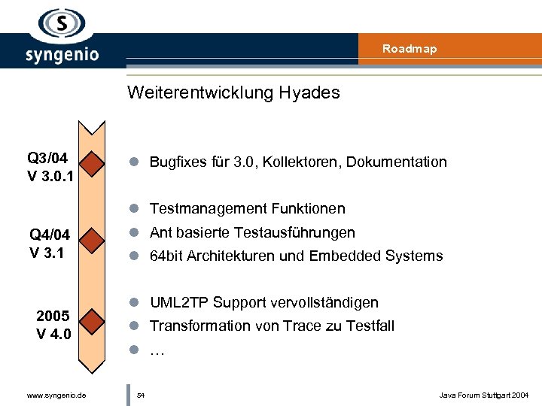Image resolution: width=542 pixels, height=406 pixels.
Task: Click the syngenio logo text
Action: pyautogui.click(x=62, y=55)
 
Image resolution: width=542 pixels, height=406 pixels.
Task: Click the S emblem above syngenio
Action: pyautogui.click(x=62, y=23)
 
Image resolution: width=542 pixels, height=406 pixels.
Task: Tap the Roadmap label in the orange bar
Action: pyautogui.click(x=409, y=49)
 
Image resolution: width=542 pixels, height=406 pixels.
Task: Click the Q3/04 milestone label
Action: pyautogui.click(x=47, y=158)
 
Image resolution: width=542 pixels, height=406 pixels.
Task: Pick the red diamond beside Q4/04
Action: pyautogui.click(x=93, y=241)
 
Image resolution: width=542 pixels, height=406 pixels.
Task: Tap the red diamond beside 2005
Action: pyautogui.click(x=93, y=321)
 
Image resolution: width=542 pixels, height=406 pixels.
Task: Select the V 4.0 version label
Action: pyautogui.click(x=53, y=332)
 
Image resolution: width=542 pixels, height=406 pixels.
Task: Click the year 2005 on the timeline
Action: pyautogui.click(x=53, y=315)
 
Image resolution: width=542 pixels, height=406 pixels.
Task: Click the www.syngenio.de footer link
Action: pyautogui.click(x=56, y=395)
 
